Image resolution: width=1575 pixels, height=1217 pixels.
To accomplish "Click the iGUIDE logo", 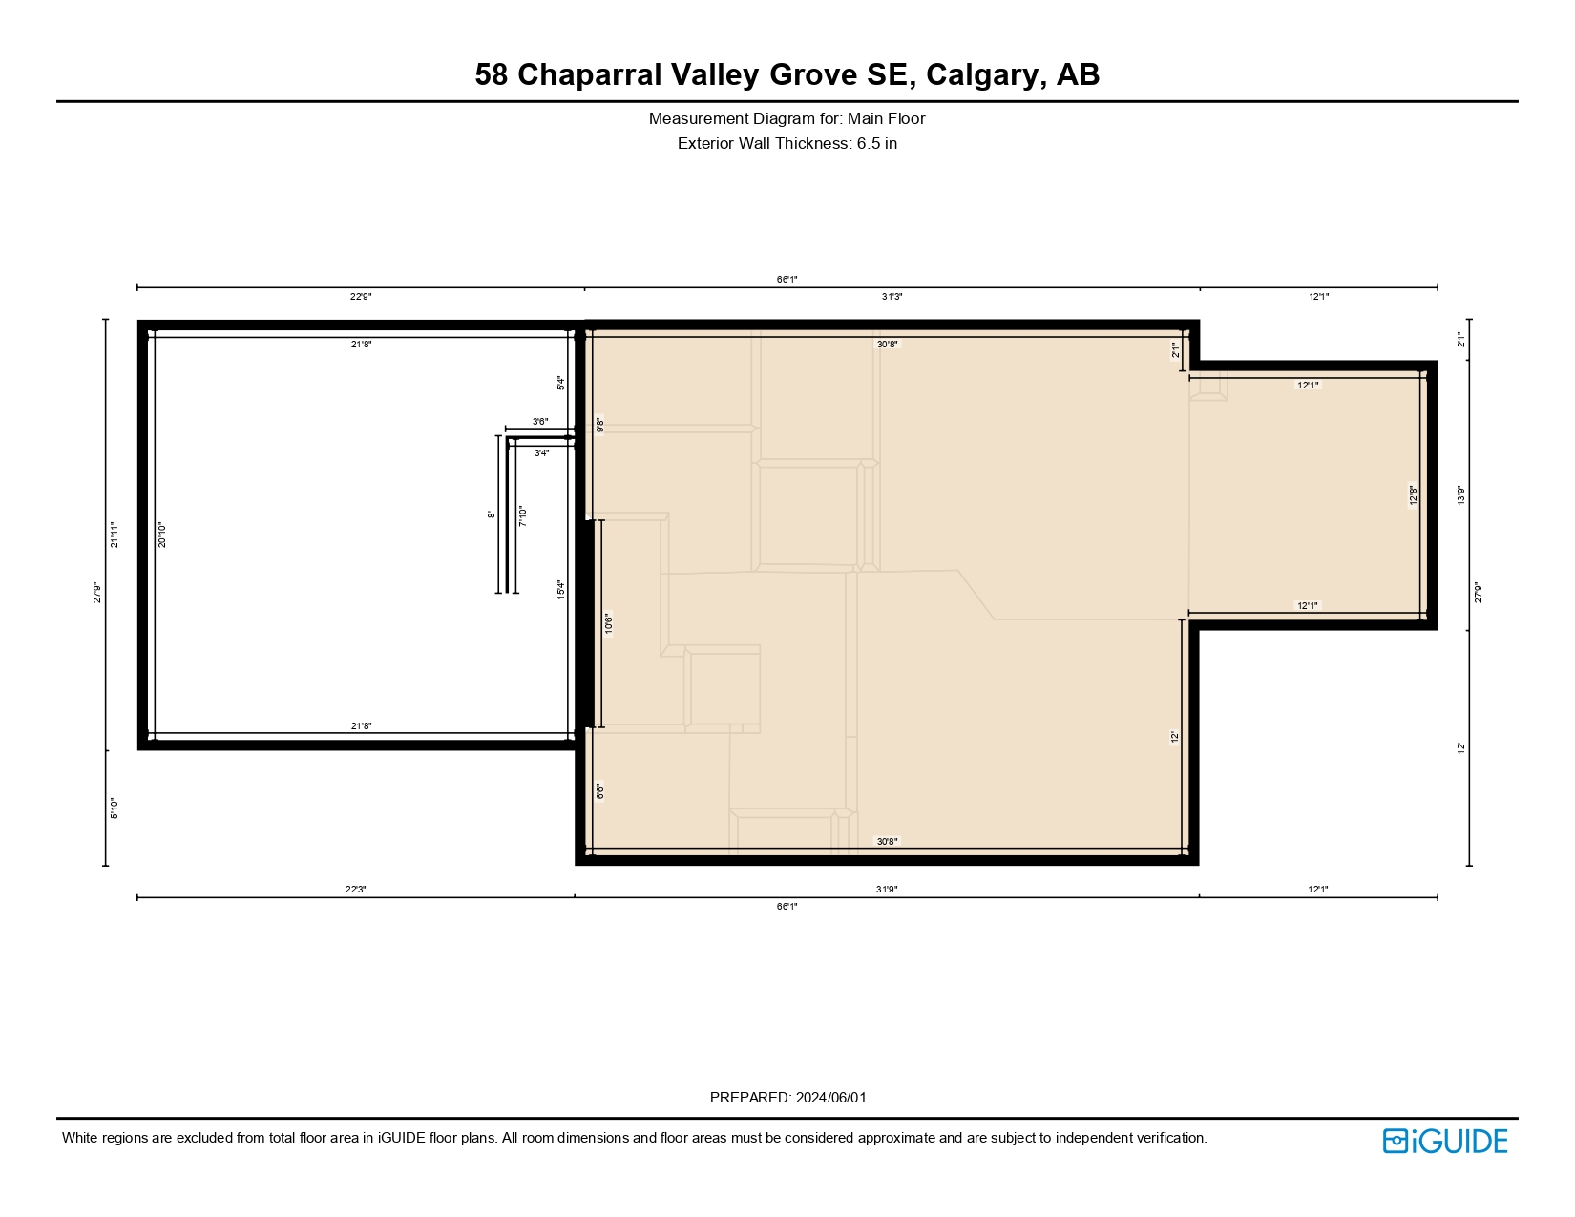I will coord(1445,1141).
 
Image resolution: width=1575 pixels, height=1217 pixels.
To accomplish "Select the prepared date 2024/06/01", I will coord(830,1098).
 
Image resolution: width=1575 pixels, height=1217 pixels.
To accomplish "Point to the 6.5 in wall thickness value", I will coord(876,144).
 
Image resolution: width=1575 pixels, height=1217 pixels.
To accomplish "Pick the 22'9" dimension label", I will coord(361,297).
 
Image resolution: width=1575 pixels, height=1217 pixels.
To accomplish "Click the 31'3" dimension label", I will coord(892,297).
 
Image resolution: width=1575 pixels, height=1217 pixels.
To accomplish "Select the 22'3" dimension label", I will coord(356,890).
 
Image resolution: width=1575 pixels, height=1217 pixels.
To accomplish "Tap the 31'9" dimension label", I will coord(887,890).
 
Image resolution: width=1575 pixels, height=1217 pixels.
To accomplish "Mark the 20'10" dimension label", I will coord(162,535).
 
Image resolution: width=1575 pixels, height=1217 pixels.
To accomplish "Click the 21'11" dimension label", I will coord(115,535).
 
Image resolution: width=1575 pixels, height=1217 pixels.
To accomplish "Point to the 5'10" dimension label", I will coord(114,808).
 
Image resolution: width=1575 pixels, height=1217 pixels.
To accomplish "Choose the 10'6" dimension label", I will coord(608,624).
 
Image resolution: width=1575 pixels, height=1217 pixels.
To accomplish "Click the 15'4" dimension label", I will coord(561,590).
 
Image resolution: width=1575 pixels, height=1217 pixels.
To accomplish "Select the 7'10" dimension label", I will coord(522,516).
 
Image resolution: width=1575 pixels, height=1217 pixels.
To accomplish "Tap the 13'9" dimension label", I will coord(1460,495).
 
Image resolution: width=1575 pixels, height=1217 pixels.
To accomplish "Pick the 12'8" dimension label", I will coord(1414,496).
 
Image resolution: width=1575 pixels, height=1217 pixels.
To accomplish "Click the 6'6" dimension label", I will coord(599,791).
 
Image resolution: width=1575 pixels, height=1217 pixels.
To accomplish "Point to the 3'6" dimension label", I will coord(540,422).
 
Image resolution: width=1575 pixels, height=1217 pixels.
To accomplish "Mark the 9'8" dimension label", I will coord(599,426).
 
